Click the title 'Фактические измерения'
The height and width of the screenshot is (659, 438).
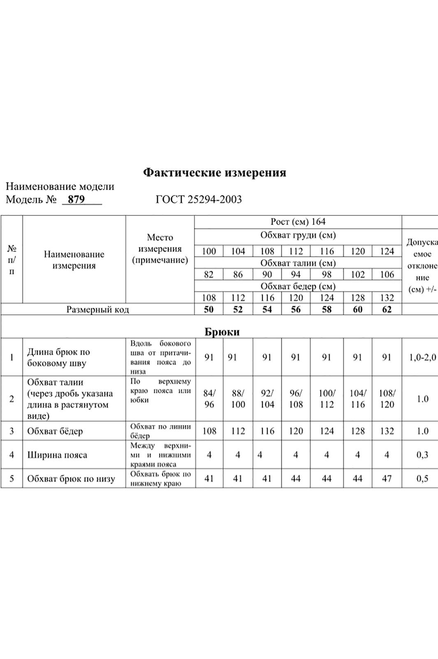[214, 172]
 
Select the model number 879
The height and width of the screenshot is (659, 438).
[76, 199]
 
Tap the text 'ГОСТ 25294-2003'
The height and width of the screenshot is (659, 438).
[199, 199]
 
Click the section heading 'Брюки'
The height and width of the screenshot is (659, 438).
[222, 332]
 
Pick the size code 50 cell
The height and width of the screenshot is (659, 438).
[209, 309]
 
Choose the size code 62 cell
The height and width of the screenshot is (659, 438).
[387, 309]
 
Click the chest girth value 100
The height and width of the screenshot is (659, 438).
[209, 251]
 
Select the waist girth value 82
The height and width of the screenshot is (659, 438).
[209, 274]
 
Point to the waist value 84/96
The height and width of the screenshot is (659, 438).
[209, 399]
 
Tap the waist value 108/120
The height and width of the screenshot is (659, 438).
[387, 399]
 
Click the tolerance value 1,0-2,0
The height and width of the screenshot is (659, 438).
[422, 357]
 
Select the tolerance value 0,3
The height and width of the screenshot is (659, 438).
[422, 455]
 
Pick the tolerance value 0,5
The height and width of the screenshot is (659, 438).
[422, 479]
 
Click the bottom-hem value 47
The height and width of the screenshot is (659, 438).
[387, 479]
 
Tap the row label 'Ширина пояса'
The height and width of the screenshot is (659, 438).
[57, 455]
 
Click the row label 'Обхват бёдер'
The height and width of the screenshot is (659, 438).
[55, 431]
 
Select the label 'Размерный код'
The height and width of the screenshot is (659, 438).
[98, 309]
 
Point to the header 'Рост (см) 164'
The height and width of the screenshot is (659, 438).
[298, 222]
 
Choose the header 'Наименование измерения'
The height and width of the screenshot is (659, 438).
[74, 260]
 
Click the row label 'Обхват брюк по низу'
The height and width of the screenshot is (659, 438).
[71, 479]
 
